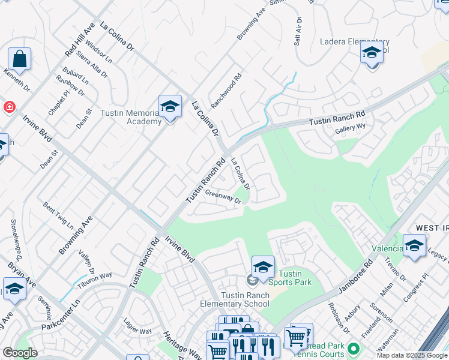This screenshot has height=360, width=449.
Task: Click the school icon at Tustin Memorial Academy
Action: click(170, 107)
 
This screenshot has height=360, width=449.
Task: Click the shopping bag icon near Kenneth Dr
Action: click(19, 59)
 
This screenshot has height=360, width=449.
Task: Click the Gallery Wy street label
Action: click(350, 128)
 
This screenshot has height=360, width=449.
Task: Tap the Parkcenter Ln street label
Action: click(61, 320)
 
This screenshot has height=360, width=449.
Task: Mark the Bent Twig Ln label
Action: click(58, 214)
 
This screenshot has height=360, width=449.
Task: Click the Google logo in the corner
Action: click(19, 353)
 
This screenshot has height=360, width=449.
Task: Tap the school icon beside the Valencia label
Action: click(414, 246)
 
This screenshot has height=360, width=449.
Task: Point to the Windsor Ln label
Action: click(98, 52)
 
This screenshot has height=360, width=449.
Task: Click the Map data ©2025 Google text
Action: click(411, 355)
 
